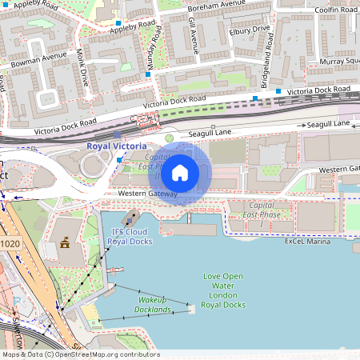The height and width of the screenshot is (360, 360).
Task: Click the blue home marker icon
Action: tap(180, 173)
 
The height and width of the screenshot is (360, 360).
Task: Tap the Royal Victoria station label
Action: tap(116, 146)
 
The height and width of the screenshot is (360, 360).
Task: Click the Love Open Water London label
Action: tap(222, 290)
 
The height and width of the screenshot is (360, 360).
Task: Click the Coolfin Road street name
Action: tap(336, 10)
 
